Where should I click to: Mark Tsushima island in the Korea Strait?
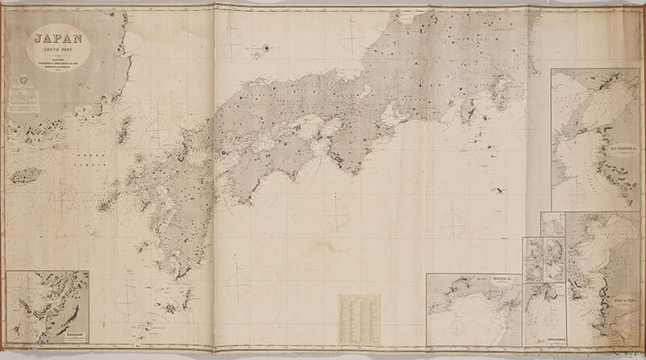tap(124, 129)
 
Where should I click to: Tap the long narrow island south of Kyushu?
tap(185, 299)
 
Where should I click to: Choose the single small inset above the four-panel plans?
tap(552, 224)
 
